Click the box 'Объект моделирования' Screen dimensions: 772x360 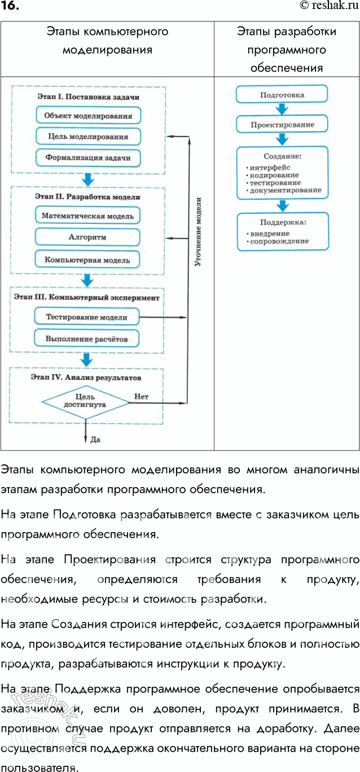pyautogui.click(x=88, y=116)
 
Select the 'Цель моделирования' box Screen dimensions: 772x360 pyautogui.click(x=88, y=137)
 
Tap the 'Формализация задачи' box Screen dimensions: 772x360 pyautogui.click(x=88, y=158)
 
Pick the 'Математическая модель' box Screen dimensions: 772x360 pyautogui.click(x=87, y=216)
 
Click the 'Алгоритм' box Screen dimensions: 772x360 pyautogui.click(x=87, y=237)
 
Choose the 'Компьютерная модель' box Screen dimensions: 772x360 pyautogui.click(x=87, y=260)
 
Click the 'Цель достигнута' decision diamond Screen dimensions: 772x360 pyautogui.click(x=85, y=401)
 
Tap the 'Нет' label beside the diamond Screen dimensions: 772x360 pyautogui.click(x=141, y=396)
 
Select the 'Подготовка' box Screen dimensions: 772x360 pyautogui.click(x=282, y=95)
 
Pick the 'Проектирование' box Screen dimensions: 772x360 pyautogui.click(x=282, y=124)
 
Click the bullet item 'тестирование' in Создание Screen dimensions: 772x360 pyautogui.click(x=276, y=183)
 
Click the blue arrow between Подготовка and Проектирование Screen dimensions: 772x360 pyautogui.click(x=282, y=109)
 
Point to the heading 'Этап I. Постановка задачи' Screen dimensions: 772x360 pyautogui.click(x=88, y=97)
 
